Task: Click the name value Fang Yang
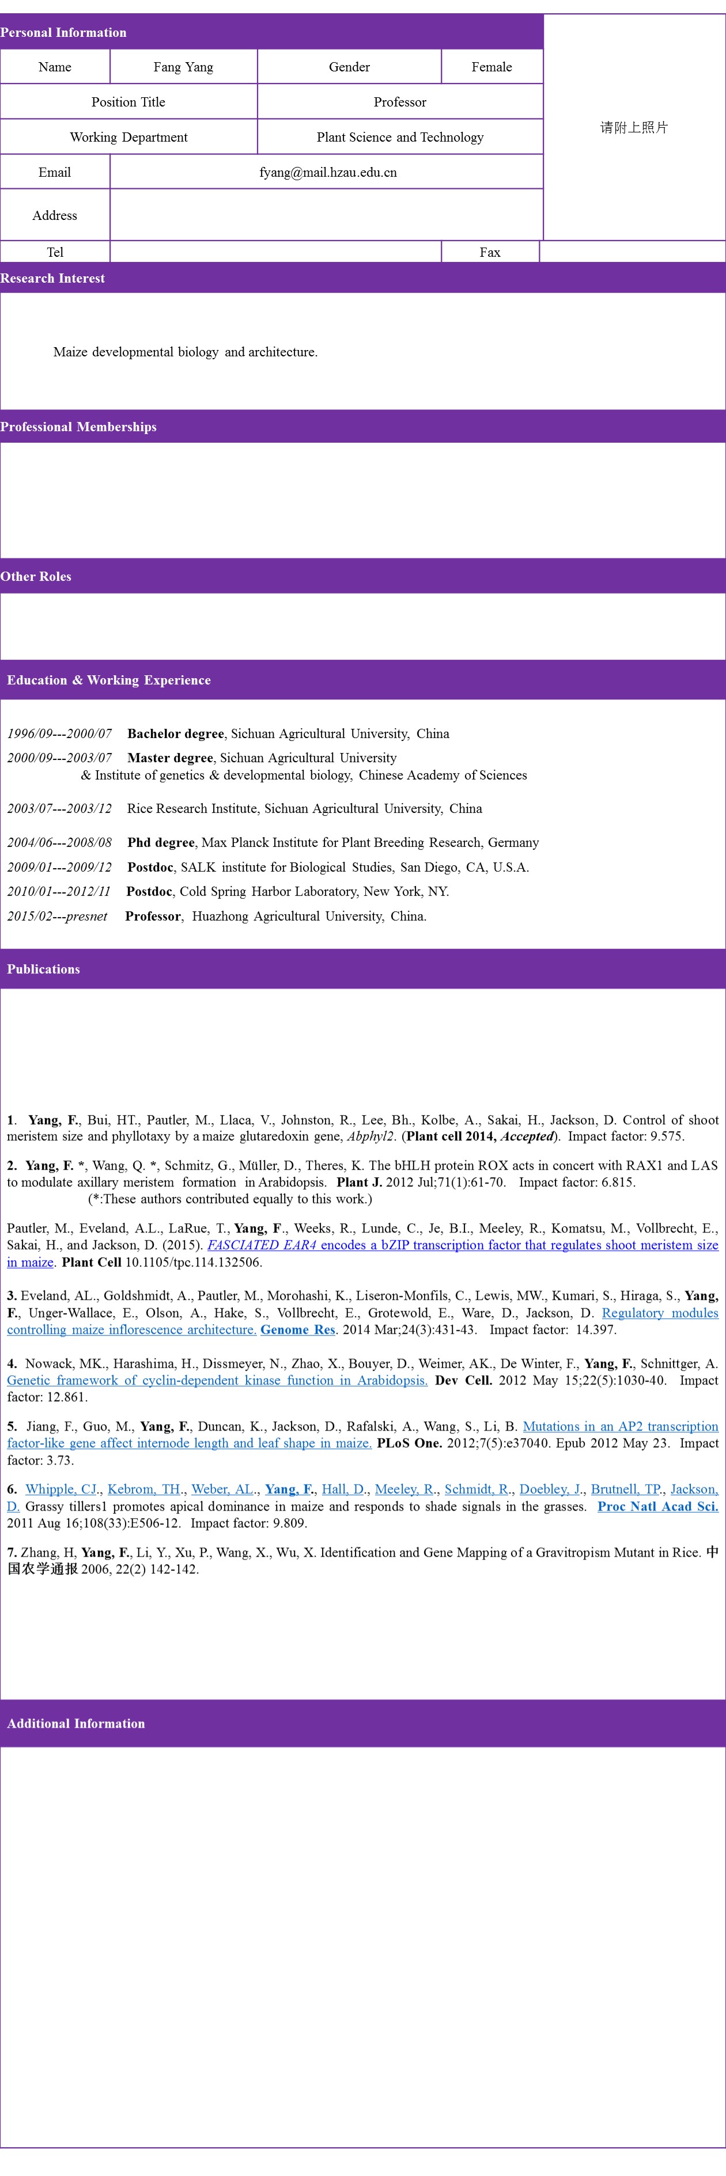pyautogui.click(x=183, y=67)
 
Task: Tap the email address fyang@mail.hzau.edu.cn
pyautogui.click(x=327, y=172)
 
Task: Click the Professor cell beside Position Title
pyautogui.click(x=400, y=102)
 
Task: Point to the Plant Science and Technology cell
pyautogui.click(x=400, y=137)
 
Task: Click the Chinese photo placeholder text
pyautogui.click(x=634, y=128)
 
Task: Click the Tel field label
pyautogui.click(x=55, y=252)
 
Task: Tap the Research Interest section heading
pyautogui.click(x=52, y=278)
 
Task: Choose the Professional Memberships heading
pyautogui.click(x=78, y=427)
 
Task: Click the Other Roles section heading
pyautogui.click(x=36, y=576)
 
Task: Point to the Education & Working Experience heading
pyautogui.click(x=109, y=680)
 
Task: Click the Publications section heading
pyautogui.click(x=43, y=969)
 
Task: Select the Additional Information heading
pyautogui.click(x=76, y=1723)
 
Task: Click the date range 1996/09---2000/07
pyautogui.click(x=59, y=733)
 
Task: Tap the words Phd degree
pyautogui.click(x=161, y=842)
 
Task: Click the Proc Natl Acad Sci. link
pyautogui.click(x=657, y=1506)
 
